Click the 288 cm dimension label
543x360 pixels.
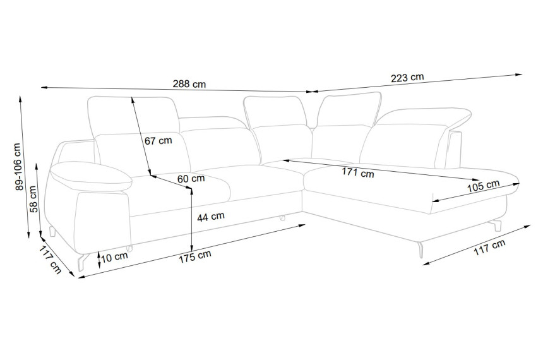189,84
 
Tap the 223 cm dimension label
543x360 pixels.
407,77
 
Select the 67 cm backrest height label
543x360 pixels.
158,141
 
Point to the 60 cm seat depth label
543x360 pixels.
191,179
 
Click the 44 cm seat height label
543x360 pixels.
210,217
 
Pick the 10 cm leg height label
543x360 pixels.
115,257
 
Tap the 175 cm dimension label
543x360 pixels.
195,256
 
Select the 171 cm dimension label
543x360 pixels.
358,172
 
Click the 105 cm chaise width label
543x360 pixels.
484,186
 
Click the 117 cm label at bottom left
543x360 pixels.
51,260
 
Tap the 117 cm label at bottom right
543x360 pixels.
489,248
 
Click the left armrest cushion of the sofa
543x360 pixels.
91,176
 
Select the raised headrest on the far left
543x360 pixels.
133,116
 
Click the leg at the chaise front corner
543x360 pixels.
421,249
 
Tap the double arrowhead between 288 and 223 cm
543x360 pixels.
313,92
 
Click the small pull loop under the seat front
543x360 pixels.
282,218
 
